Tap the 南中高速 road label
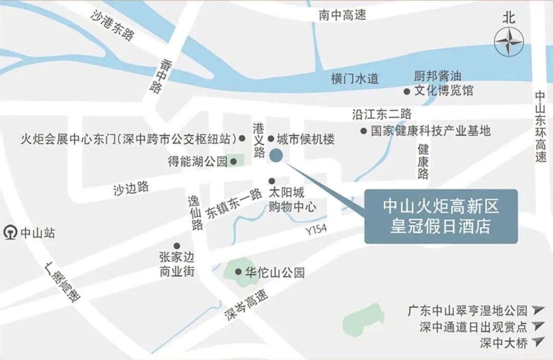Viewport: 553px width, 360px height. tap(342, 15)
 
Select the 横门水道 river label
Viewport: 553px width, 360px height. tap(354, 79)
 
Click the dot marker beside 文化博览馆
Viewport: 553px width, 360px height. tap(407, 91)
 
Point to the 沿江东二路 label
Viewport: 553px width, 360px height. tap(381, 114)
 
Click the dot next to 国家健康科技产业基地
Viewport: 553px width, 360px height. tap(364, 131)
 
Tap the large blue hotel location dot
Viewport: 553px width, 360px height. tap(276, 155)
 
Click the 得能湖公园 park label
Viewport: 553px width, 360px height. tap(198, 162)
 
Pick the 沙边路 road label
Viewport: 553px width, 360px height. tap(131, 188)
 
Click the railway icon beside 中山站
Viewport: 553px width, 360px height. tap(10, 233)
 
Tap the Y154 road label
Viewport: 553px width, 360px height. tap(316, 230)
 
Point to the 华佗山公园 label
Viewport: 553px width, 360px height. tap(275, 272)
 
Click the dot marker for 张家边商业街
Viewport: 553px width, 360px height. tap(177, 246)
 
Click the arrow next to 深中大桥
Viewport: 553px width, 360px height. tap(537, 342)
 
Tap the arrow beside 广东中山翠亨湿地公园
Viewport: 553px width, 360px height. tap(537, 310)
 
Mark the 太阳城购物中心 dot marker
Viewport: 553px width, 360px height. tap(272, 181)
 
